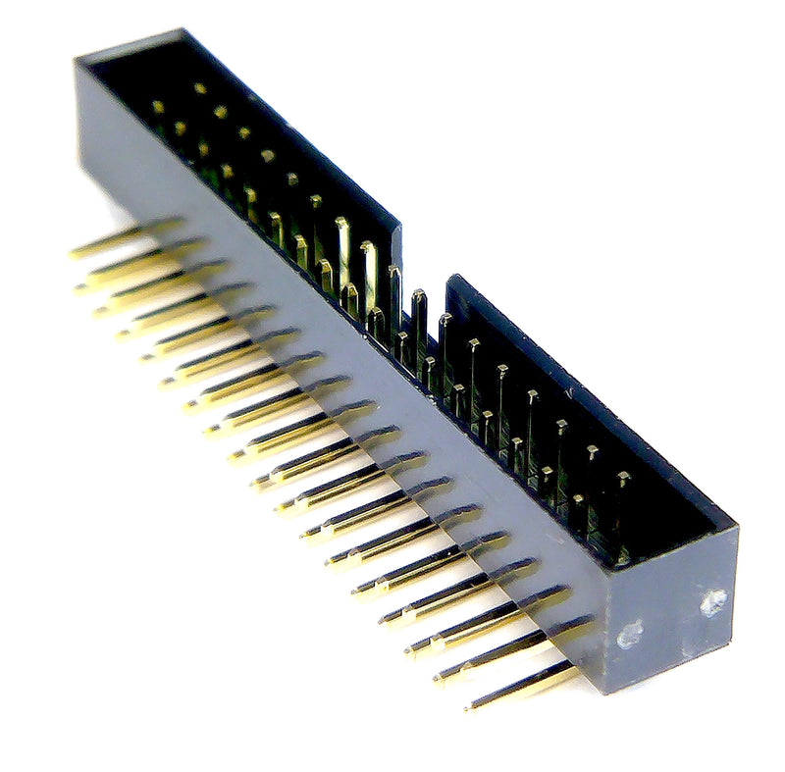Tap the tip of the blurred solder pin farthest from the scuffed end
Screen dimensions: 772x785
[x=75, y=254]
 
